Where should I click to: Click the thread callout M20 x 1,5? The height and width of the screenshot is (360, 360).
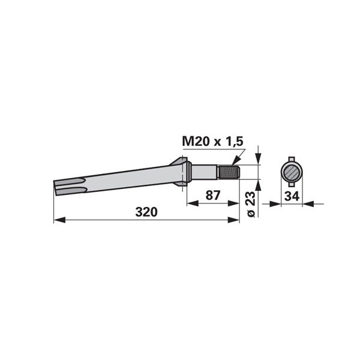tap(212, 142)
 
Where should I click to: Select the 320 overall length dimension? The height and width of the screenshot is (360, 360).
tap(146, 212)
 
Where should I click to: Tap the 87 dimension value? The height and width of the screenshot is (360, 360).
tap(213, 196)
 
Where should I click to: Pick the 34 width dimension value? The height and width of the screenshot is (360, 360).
tap(292, 196)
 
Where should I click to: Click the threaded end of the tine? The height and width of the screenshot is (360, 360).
tap(229, 172)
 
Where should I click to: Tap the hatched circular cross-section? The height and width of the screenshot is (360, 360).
tap(292, 172)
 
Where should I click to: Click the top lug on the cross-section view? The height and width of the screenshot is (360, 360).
tap(292, 159)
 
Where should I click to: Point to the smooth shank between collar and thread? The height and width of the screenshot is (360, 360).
tap(204, 173)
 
